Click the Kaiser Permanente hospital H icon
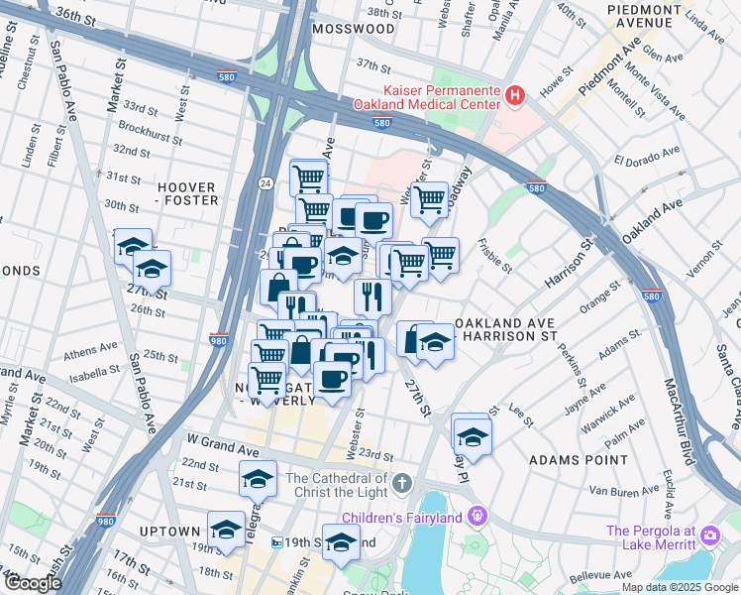coord(514,96)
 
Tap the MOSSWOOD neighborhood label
coord(353,30)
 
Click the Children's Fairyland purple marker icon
coord(478,517)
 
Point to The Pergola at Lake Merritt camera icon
coord(709,536)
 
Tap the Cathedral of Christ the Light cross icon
coord(400,483)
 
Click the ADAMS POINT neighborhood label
coord(579,460)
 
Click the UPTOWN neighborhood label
coord(169,532)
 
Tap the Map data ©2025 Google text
coord(679,587)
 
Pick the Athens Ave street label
coord(91,350)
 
